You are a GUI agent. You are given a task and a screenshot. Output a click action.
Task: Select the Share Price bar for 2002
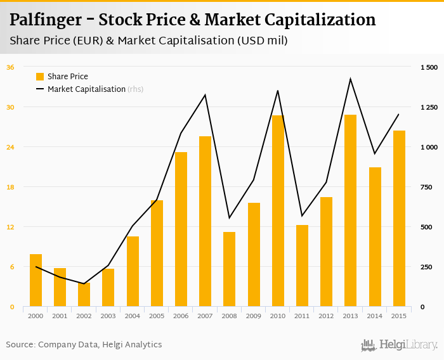click(84, 295)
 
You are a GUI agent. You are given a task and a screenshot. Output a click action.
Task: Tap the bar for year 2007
click(205, 222)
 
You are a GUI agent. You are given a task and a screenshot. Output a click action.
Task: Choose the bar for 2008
click(229, 269)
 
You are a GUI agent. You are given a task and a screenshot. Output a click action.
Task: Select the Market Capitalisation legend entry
click(86, 89)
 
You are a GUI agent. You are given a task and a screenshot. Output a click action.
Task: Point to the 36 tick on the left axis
click(10, 67)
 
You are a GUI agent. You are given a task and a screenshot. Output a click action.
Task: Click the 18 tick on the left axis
click(10, 187)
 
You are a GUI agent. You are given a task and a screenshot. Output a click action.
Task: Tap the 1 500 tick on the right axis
click(429, 67)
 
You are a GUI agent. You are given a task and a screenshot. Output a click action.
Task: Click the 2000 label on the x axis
click(36, 316)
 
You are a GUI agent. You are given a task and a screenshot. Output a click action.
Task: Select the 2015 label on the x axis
click(399, 316)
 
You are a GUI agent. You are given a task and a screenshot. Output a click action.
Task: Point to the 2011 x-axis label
click(302, 316)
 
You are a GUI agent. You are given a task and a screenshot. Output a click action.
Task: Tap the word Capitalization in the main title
click(323, 20)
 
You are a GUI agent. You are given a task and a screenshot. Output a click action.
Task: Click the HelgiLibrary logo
click(400, 345)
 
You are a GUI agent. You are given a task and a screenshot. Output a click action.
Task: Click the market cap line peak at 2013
click(351, 79)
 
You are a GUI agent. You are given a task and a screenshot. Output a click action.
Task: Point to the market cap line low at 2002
click(84, 284)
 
